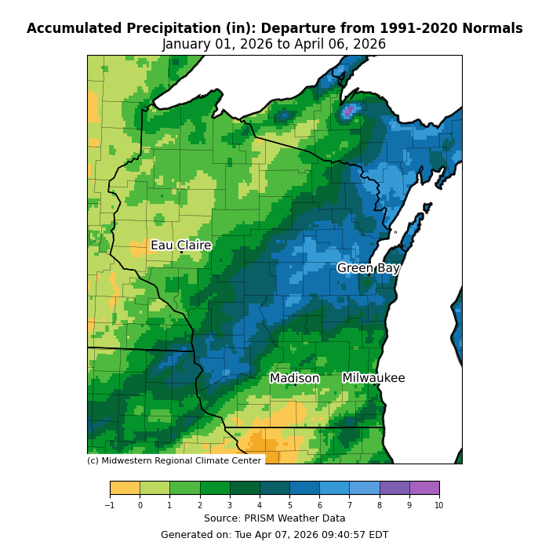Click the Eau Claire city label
180,245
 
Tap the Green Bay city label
368,268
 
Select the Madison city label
294,379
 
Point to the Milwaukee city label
373,378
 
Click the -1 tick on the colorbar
110,505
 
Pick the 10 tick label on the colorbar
439,505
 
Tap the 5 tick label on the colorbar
289,505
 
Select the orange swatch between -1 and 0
125,488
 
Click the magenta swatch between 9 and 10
424,488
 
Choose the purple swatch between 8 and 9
394,488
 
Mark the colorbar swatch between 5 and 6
304,488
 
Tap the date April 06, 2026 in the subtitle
340,45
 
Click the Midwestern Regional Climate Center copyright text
174,461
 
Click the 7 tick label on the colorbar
349,505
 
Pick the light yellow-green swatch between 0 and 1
155,488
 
